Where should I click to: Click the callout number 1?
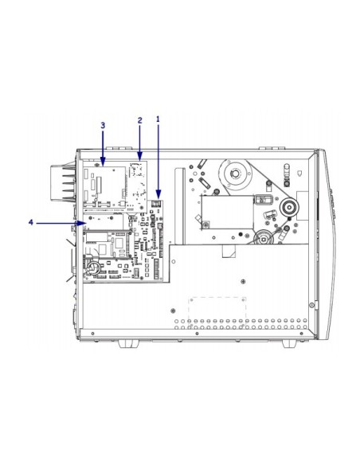(158, 119)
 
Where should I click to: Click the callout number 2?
(140, 120)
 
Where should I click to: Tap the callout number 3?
(103, 126)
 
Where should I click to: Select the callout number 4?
(31, 222)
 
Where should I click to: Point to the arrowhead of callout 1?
(158, 195)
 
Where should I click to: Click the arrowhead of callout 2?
(140, 156)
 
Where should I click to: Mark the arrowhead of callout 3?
(103, 162)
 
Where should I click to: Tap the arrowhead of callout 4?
(83, 223)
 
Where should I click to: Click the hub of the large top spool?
(235, 174)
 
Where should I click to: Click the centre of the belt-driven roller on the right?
(288, 208)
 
